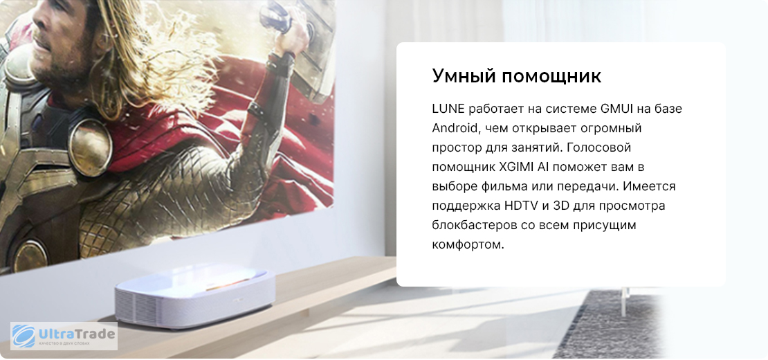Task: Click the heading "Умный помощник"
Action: [516, 77]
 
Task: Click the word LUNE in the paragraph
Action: [448, 108]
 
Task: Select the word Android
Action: [455, 128]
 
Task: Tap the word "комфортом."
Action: [468, 245]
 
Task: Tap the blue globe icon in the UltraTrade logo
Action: [24, 336]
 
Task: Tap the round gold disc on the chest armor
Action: [90, 147]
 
